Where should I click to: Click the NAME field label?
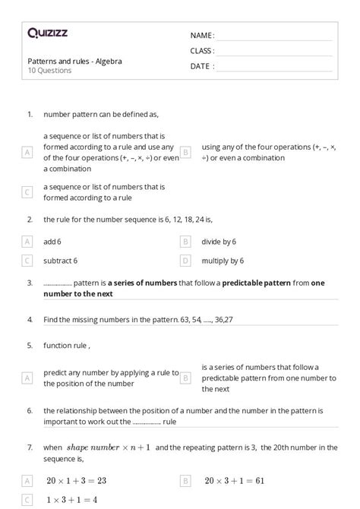(x=202, y=36)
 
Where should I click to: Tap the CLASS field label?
(x=202, y=51)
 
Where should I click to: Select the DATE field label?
(x=202, y=66)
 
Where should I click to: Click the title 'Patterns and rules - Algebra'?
(x=74, y=61)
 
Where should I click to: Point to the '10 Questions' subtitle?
(x=49, y=71)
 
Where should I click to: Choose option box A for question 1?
(x=27, y=152)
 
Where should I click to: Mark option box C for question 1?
(x=27, y=192)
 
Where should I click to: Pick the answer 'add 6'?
(x=52, y=241)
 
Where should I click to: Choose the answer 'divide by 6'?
(x=219, y=241)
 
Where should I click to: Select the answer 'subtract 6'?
(x=60, y=261)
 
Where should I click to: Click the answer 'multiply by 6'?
(x=223, y=261)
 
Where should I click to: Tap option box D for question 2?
(x=185, y=261)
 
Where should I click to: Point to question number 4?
(x=30, y=319)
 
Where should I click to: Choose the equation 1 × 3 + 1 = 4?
(x=71, y=500)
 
